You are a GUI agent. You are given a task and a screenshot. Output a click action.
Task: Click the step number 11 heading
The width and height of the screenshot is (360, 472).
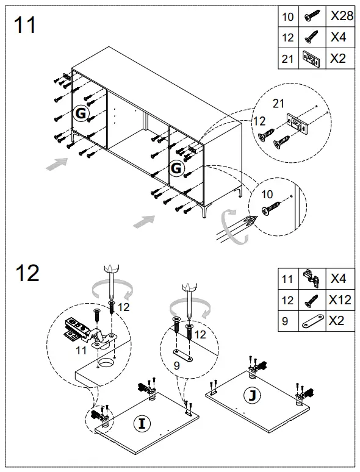pos(25,25)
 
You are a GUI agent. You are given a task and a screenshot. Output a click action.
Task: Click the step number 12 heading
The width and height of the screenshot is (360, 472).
pos(27,273)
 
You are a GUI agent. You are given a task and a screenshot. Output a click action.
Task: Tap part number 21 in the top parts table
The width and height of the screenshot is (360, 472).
pos(288,59)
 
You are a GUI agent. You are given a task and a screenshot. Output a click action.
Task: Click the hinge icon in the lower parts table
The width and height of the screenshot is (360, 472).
pos(311,279)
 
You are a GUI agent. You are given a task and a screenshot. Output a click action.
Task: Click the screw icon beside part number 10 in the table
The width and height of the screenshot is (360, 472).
pos(311,16)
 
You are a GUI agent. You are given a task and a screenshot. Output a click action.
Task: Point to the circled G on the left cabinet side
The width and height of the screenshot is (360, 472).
pos(81,113)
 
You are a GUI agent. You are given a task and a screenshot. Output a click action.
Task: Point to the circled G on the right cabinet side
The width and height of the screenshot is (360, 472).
pos(176,167)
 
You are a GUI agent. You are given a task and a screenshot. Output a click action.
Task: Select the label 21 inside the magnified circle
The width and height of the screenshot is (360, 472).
pos(279,104)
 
